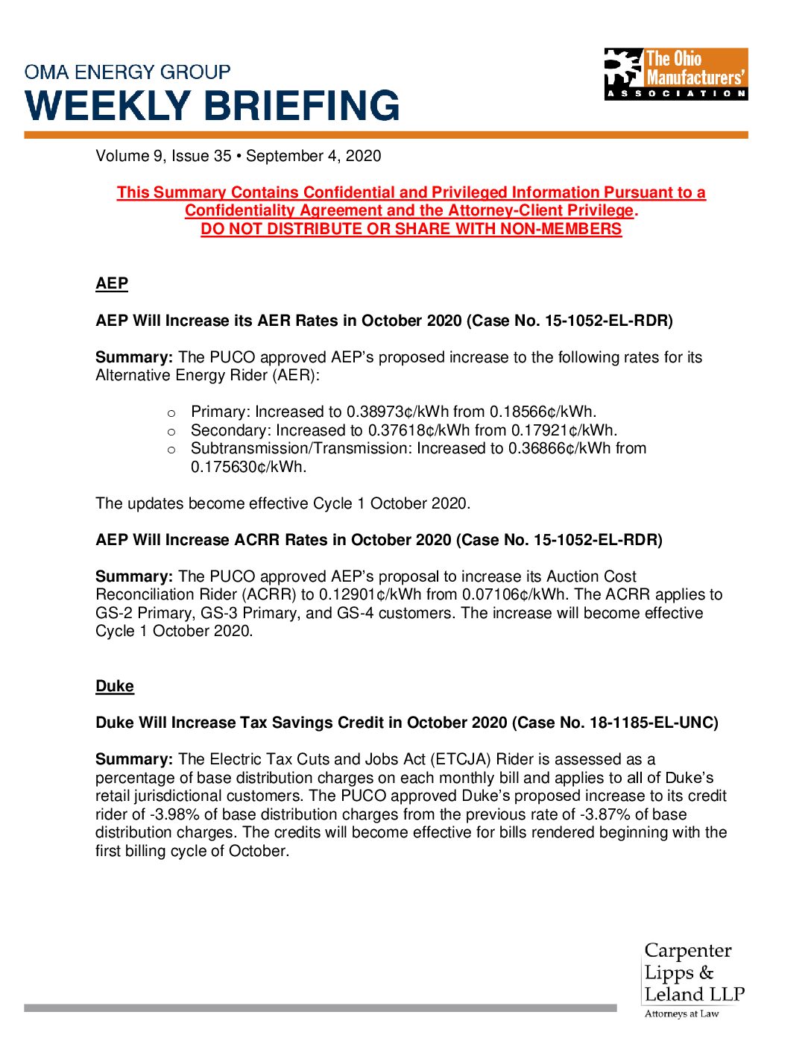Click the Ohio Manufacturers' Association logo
point(675,74)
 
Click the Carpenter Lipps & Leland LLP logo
point(693,972)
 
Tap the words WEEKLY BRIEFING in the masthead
point(212,106)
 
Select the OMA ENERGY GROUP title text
point(127,72)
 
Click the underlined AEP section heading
point(112,283)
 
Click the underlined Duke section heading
point(115,686)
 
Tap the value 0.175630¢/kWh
point(248,467)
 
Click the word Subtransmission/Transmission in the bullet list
point(298,448)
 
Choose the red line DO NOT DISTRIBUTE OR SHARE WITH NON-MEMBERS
point(411,229)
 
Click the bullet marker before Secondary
point(171,431)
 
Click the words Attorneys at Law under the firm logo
point(681,1013)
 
